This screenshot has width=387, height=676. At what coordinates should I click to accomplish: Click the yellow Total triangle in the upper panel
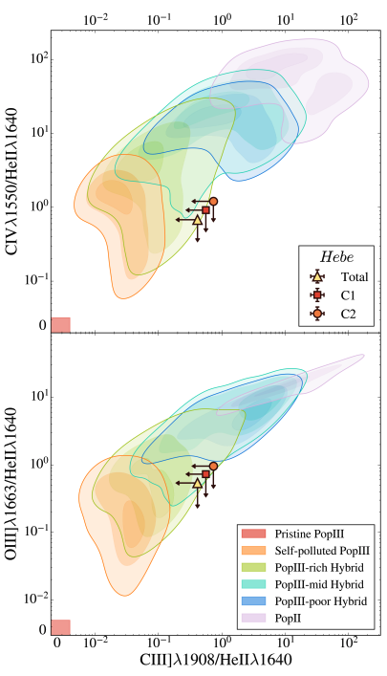tap(198, 220)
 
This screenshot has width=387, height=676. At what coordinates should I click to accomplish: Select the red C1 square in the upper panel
tap(205, 210)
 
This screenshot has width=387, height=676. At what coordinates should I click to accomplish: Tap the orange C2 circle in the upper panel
tap(214, 202)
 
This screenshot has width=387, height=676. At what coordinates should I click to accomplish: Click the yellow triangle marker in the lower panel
tap(198, 483)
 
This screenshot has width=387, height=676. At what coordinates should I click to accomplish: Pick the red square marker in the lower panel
tap(205, 474)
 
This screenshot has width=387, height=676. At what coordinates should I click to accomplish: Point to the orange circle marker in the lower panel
tap(214, 466)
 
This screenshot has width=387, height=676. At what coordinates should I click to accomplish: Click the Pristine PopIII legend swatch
tap(254, 533)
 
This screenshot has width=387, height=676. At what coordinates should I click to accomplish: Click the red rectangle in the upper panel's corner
tap(60, 324)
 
